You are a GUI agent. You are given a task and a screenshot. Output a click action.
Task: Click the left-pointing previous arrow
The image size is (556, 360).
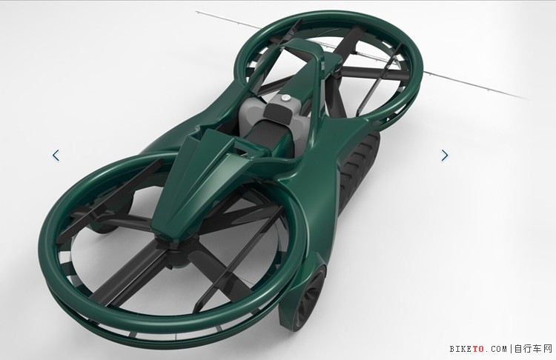(56, 156)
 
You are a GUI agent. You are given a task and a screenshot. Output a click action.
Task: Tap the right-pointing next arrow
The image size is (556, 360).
(445, 156)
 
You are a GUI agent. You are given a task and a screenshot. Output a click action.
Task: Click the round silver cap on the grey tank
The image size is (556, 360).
(286, 99)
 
